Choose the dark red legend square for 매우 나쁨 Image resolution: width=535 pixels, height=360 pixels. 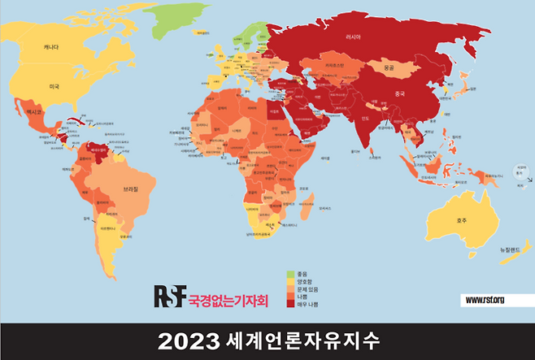(290, 304)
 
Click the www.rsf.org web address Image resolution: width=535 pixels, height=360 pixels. (485, 301)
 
